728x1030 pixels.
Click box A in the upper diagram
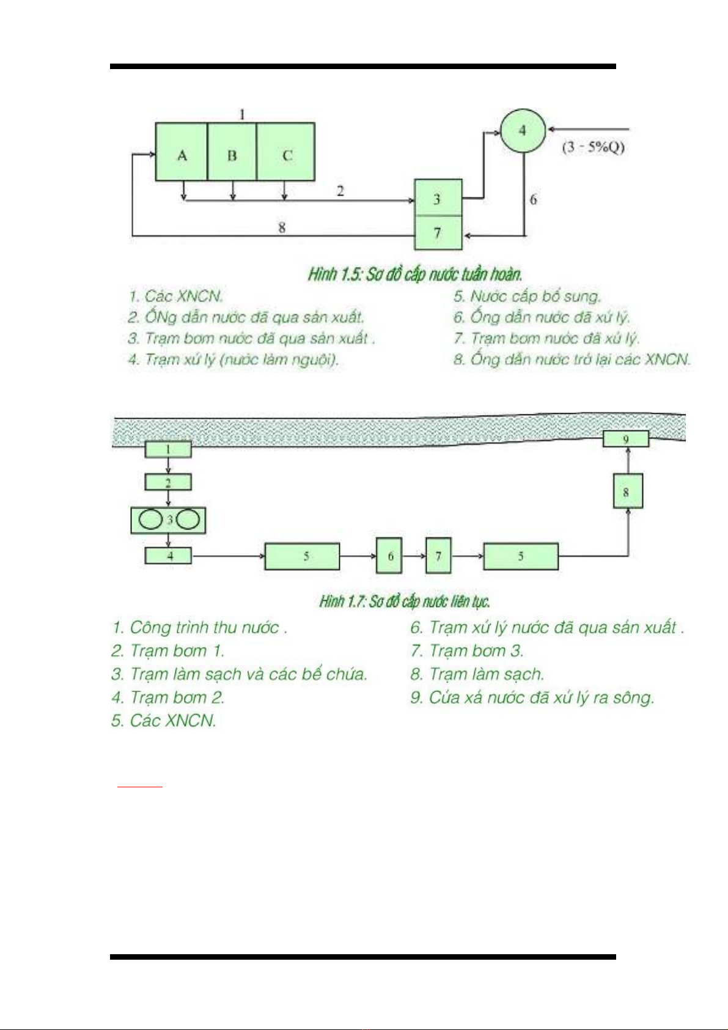pos(182,152)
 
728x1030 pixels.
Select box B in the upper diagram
pos(232,152)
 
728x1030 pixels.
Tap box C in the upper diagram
pos(286,152)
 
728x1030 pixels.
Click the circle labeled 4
pos(523,130)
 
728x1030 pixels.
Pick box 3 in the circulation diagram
pos(438,198)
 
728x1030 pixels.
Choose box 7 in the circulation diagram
pos(438,233)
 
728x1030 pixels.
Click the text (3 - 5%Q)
pos(593,147)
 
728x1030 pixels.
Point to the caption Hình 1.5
pos(415,274)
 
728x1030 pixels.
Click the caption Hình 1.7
pos(405,601)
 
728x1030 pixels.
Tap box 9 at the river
pos(626,439)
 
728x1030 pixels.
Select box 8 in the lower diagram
pos(628,491)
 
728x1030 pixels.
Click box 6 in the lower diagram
pos(389,556)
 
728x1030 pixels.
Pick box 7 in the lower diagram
pos(438,556)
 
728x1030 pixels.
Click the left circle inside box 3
pos(150,520)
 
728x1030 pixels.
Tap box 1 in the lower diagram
pos(168,450)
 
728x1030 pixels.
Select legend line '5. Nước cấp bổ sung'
pos(528,296)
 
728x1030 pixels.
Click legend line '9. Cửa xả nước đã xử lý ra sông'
pos(532,697)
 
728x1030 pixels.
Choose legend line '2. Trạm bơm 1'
pos(168,651)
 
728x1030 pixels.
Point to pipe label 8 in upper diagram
pos(282,228)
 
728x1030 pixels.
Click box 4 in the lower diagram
pos(168,556)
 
